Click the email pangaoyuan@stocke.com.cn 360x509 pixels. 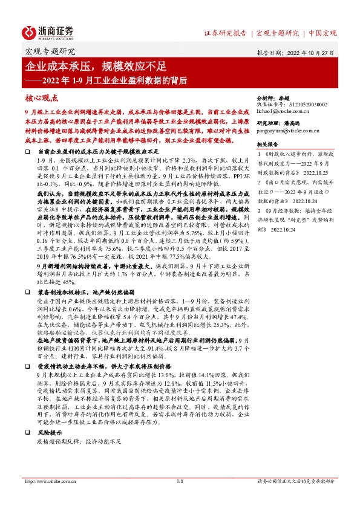tap(289, 131)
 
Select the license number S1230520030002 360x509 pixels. tap(292, 105)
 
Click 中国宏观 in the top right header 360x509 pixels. tap(323, 33)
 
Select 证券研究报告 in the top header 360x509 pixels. tap(225, 33)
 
